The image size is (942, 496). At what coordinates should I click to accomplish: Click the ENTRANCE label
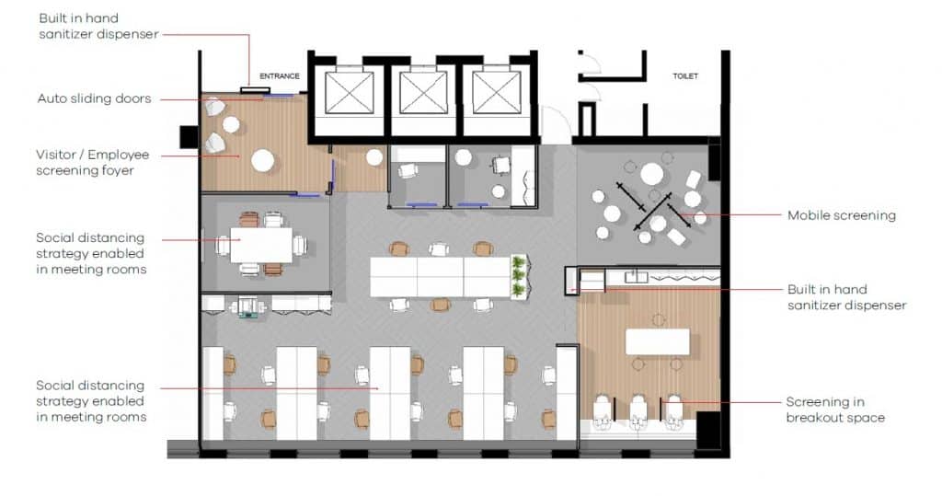point(280,76)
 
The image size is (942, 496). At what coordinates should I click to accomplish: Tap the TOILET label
point(685,76)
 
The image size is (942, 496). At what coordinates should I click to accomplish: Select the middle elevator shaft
point(423,92)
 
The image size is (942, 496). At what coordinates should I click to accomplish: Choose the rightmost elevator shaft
point(497,92)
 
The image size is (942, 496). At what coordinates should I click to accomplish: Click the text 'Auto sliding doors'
point(94,98)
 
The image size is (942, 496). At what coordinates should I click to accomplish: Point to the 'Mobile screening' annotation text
point(841,215)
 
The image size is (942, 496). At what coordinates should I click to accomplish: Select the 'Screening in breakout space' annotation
point(835,409)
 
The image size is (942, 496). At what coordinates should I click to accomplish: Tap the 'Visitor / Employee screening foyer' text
point(92,162)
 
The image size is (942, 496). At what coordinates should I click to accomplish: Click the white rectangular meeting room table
point(261,245)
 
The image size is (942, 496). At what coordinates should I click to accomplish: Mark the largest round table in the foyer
point(263,161)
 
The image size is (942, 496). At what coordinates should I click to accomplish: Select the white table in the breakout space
point(657,341)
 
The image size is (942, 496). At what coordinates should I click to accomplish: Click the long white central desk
point(440,276)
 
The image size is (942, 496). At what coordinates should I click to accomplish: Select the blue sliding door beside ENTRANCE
point(280,95)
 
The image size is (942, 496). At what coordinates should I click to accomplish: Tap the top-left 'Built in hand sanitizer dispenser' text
point(98,26)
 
